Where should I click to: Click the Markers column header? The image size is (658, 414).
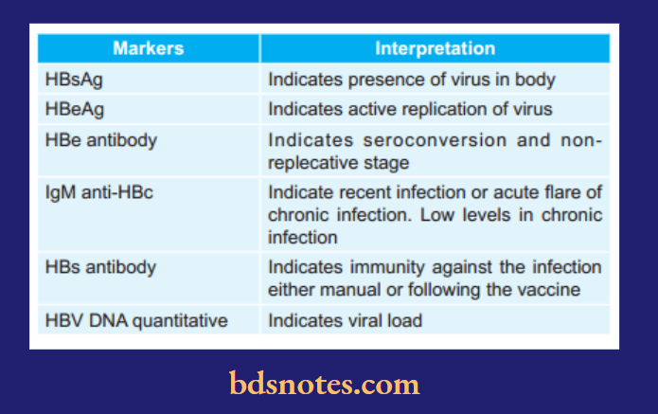148,48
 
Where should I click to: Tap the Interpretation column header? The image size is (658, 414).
435,48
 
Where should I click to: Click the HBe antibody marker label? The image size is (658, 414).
100,140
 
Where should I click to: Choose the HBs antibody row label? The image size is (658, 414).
100,268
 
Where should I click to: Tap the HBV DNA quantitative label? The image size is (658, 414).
136,320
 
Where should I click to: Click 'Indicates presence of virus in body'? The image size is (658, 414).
411,80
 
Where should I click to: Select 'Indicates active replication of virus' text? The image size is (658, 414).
410,109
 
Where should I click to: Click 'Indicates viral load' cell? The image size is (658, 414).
345,320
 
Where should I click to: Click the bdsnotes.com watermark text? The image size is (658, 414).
324,385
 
